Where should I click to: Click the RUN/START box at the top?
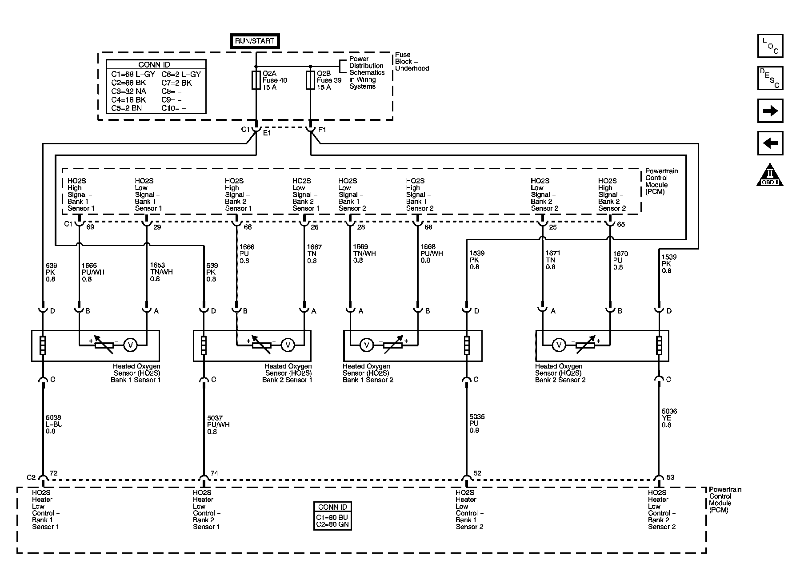point(255,41)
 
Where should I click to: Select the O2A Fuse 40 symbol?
point(256,80)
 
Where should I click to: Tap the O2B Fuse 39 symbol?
point(310,80)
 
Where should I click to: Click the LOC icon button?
point(770,46)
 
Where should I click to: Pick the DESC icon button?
point(770,78)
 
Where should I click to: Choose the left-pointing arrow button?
point(770,143)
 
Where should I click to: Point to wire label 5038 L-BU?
point(54,424)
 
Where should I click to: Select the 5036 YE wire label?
point(669,418)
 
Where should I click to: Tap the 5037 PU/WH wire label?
point(218,424)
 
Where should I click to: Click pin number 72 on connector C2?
point(53,473)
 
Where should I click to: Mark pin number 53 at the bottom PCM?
point(670,477)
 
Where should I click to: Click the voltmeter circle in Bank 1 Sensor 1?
point(130,345)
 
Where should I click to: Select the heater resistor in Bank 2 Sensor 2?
point(659,345)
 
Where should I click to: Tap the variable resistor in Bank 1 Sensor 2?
point(393,345)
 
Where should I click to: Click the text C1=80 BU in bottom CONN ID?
point(332,517)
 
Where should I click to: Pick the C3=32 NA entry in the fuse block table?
point(129,91)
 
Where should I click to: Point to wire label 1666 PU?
point(247,254)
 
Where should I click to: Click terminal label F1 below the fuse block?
point(322,130)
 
